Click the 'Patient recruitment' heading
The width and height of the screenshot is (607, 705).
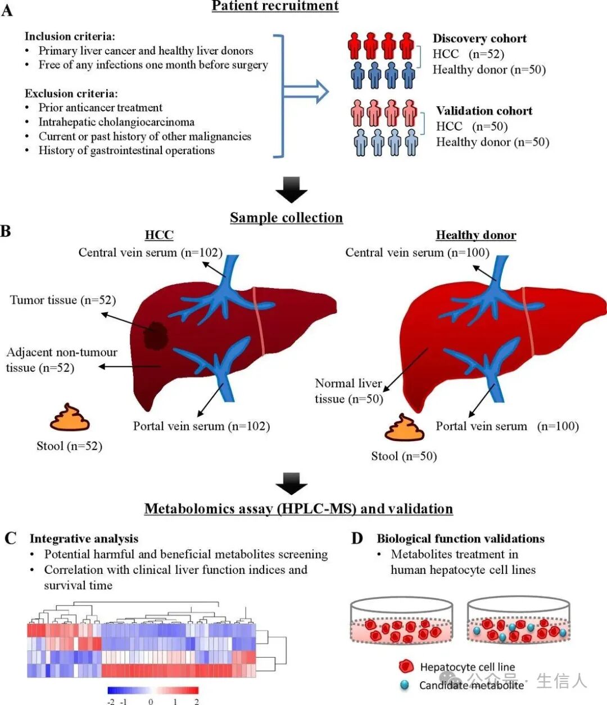tap(275, 6)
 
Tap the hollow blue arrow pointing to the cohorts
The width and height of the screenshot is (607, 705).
tap(306, 91)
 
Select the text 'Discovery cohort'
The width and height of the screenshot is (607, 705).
tap(479, 38)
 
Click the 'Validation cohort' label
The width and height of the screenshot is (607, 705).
tap(484, 111)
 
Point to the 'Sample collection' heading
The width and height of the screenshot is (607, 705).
tap(286, 218)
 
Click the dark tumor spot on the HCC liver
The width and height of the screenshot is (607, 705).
tap(155, 336)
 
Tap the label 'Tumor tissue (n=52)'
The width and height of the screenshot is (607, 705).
tap(63, 300)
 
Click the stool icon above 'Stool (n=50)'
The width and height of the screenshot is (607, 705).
tap(404, 428)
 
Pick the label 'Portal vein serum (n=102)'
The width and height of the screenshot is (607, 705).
tap(201, 426)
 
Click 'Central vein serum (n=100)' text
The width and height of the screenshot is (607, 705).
tap(417, 253)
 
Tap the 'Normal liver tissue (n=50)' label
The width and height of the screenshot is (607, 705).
tap(349, 391)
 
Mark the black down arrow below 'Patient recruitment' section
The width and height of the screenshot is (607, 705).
tap(291, 190)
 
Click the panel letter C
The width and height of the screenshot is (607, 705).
tap(10, 538)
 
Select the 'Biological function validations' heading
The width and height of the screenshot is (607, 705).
tap(460, 538)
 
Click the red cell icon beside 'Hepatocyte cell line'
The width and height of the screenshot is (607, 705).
tap(406, 666)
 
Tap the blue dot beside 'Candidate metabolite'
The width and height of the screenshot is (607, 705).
tap(405, 685)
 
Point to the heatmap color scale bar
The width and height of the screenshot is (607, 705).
tap(153, 690)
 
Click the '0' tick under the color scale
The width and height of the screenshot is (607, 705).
tap(151, 702)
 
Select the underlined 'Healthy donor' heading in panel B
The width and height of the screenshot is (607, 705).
tap(476, 235)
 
